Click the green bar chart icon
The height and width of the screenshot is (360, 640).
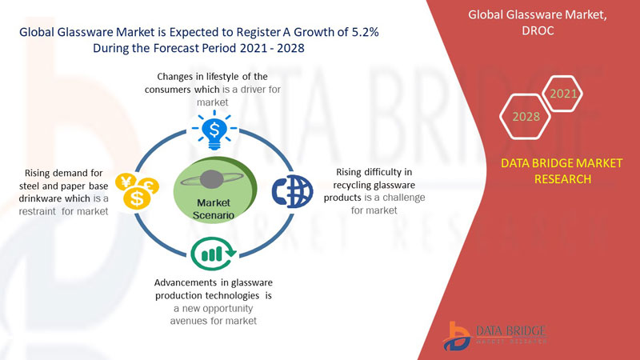tap(212, 253)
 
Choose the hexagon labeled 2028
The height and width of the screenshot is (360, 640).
tap(526, 117)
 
